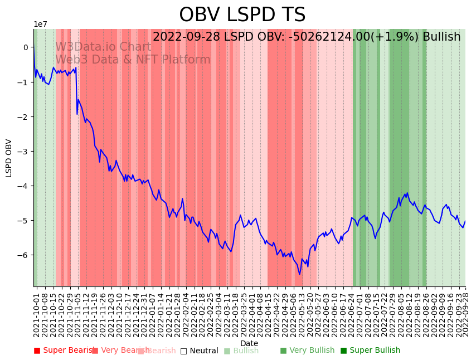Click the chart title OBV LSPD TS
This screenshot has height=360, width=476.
click(x=242, y=15)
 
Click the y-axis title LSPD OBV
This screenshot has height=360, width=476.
click(x=9, y=158)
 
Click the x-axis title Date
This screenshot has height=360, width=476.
click(x=249, y=343)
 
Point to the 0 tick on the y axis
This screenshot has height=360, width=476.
click(x=25, y=47)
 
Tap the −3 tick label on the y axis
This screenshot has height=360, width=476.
click(x=23, y=151)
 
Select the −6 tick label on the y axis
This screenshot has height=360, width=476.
click(x=23, y=255)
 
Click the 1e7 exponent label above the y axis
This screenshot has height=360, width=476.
click(x=40, y=24)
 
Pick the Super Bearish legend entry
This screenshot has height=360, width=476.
click(x=62, y=351)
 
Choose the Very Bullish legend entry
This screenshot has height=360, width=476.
click(x=307, y=351)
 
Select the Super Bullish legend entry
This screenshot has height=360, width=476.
click(x=370, y=351)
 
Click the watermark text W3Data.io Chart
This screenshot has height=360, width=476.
click(x=103, y=47)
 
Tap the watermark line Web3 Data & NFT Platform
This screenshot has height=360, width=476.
click(x=133, y=60)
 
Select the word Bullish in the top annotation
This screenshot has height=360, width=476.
click(x=441, y=37)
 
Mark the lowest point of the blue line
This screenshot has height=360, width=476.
click(x=299, y=274)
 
